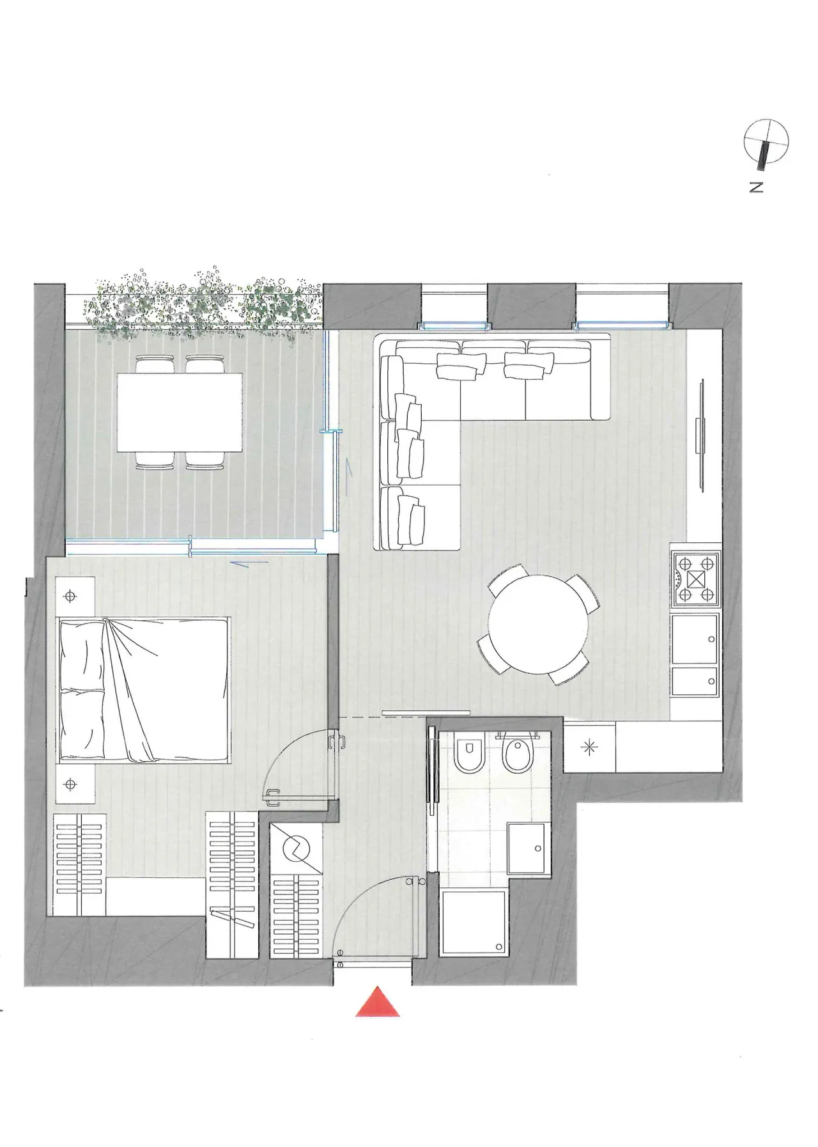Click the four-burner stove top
[x=696, y=579]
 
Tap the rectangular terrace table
[x=180, y=412]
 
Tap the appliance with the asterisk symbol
[x=590, y=747]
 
